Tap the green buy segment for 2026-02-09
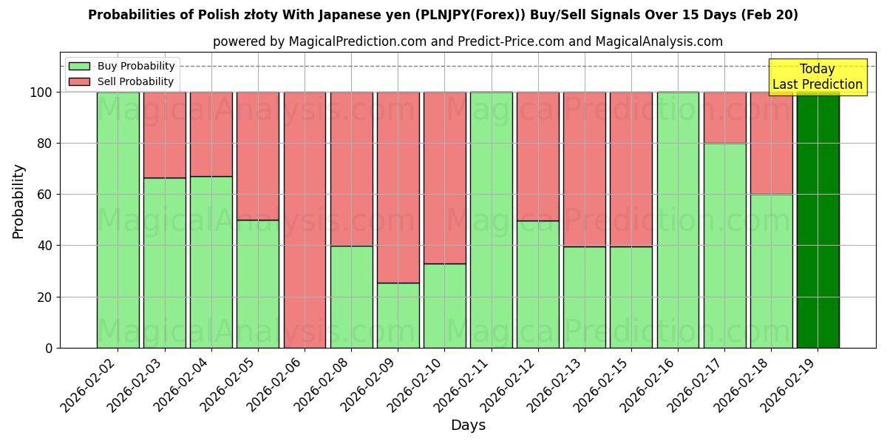click(x=398, y=315)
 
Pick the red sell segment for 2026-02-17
click(x=724, y=118)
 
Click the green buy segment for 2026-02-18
click(x=771, y=271)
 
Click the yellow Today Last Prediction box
click(x=817, y=77)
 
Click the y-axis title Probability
click(x=19, y=201)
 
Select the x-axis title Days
click(x=468, y=425)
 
